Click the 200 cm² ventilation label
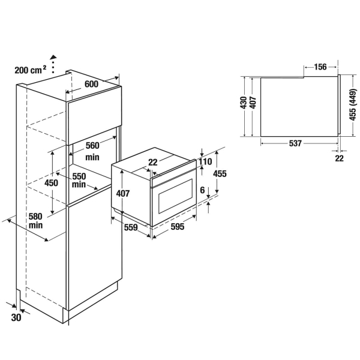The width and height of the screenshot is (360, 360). pyautogui.click(x=31, y=70)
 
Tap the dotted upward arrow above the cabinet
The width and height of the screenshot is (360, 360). pyautogui.click(x=53, y=64)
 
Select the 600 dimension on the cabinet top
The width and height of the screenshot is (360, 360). pyautogui.click(x=91, y=84)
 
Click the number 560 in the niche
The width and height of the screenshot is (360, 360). pyautogui.click(x=92, y=145)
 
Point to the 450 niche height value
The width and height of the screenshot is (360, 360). pyautogui.click(x=51, y=183)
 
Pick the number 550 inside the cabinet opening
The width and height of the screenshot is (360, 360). pyautogui.click(x=79, y=176)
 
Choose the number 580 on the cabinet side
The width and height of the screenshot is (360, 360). pyautogui.click(x=35, y=217)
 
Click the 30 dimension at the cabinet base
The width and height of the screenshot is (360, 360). pyautogui.click(x=16, y=317)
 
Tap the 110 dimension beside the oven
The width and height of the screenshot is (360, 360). pyautogui.click(x=205, y=161)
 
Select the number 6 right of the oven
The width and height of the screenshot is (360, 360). pyautogui.click(x=202, y=190)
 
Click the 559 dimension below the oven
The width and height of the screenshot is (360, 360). pyautogui.click(x=131, y=227)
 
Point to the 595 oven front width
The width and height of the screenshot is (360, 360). pyautogui.click(x=178, y=227)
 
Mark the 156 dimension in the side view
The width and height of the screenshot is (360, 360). pyautogui.click(x=320, y=67)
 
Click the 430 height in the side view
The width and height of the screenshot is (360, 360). pyautogui.click(x=243, y=103)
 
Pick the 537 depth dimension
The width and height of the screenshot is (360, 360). pyautogui.click(x=295, y=143)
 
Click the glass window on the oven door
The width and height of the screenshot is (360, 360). pyautogui.click(x=175, y=196)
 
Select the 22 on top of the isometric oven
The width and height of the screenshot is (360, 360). pyautogui.click(x=152, y=163)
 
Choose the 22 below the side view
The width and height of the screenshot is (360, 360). pyautogui.click(x=339, y=158)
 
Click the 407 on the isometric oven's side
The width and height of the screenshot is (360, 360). pyautogui.click(x=123, y=194)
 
